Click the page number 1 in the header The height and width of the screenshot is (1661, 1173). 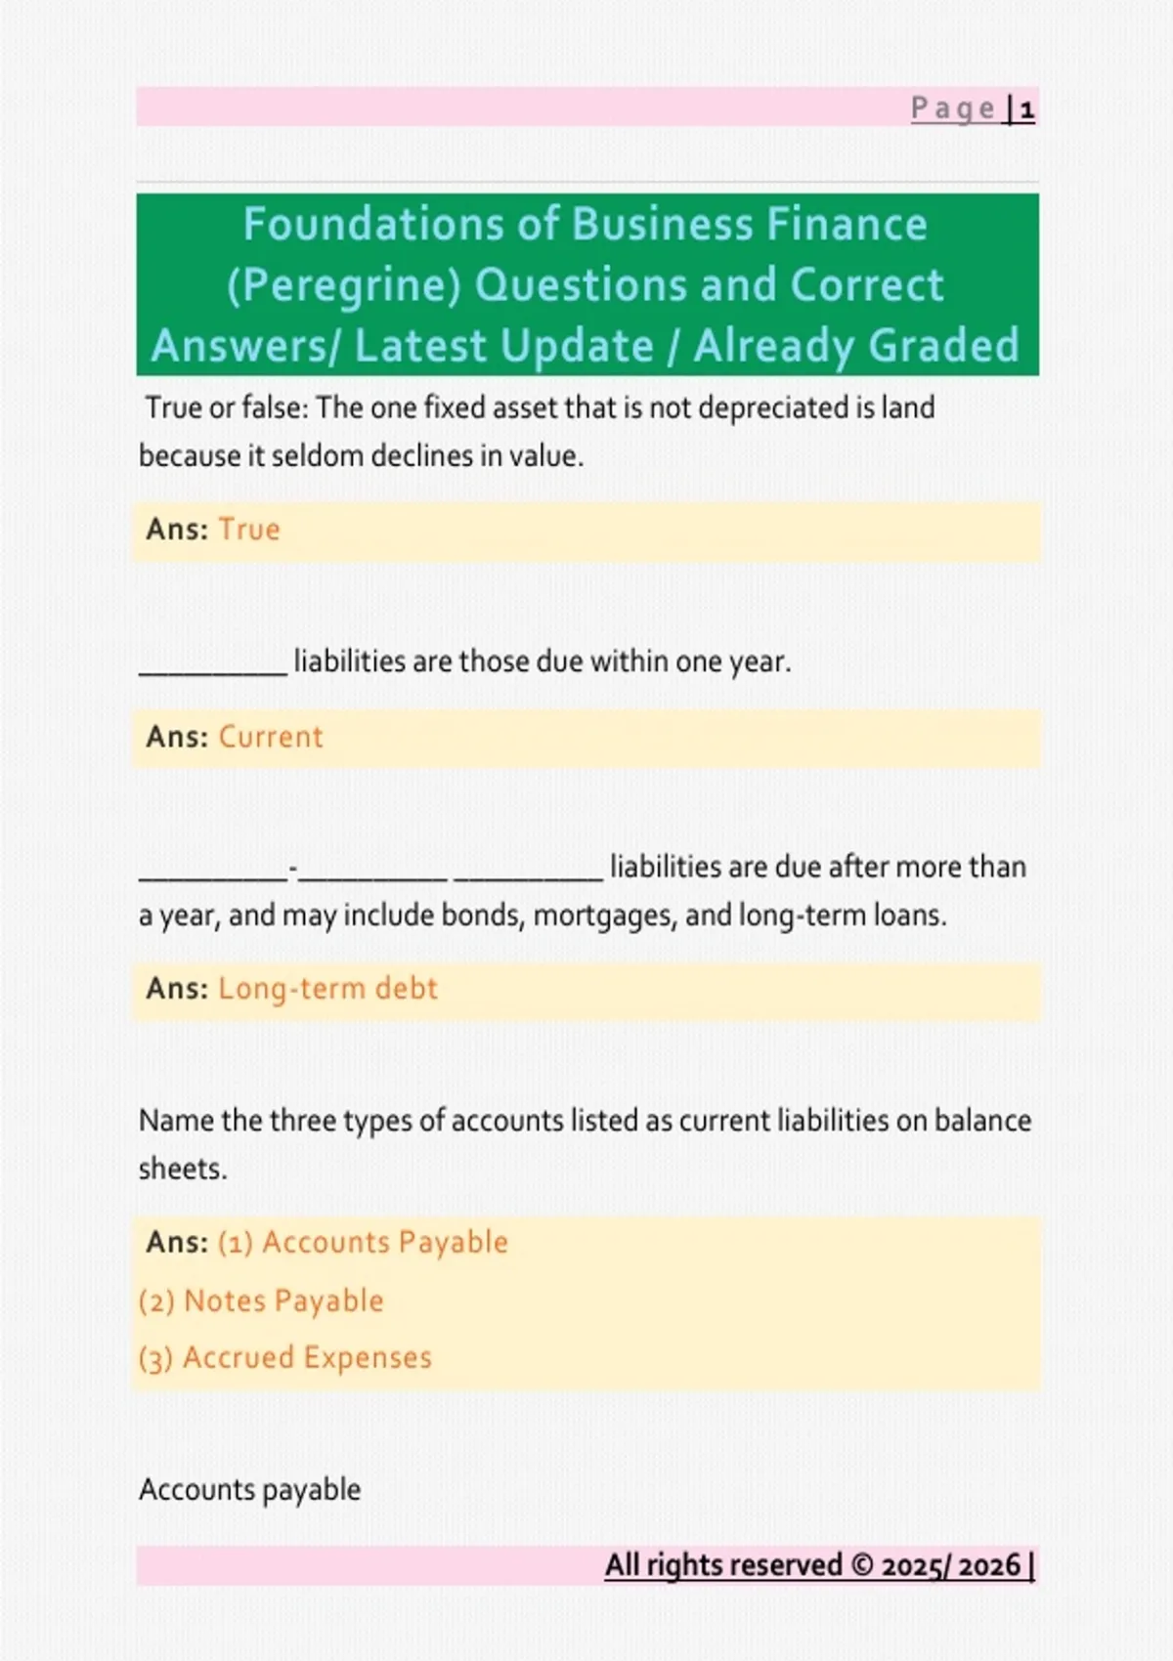(1026, 108)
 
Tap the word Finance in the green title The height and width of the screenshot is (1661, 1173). (847, 225)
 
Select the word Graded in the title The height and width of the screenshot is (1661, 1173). (943, 346)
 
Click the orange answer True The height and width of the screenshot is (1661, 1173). (249, 530)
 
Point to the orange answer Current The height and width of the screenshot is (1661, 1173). (270, 737)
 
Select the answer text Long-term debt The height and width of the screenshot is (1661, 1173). (327, 989)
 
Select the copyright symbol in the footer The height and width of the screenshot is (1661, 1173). (862, 1565)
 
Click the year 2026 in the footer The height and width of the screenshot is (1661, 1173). (989, 1565)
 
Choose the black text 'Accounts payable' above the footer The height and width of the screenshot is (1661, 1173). (249, 1490)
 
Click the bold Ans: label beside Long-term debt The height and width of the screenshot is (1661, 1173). (177, 989)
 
